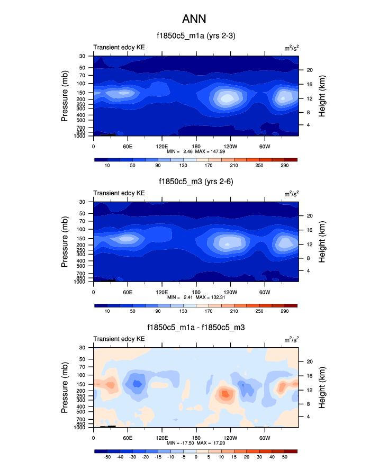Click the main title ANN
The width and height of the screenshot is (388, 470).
(194, 19)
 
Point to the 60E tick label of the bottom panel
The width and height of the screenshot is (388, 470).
(128, 438)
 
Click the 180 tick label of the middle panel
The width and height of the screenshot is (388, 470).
(196, 292)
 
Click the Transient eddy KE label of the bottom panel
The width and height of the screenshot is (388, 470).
(119, 339)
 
